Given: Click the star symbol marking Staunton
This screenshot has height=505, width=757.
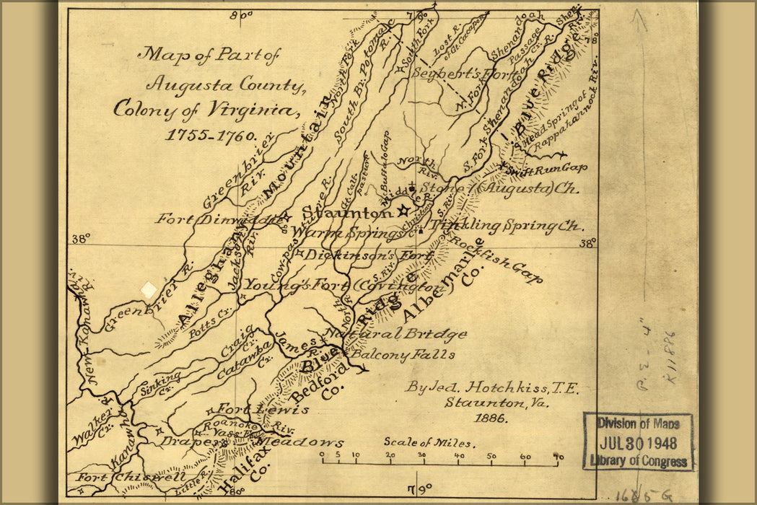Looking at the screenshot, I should coord(403,211).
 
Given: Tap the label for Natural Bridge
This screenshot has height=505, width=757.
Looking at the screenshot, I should coord(395,335).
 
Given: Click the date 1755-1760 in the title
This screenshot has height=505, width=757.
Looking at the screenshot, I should coord(211,135).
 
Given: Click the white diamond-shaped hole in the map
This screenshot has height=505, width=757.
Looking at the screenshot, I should coord(148,289).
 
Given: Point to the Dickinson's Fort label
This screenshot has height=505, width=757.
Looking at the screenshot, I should coord(358,255).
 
